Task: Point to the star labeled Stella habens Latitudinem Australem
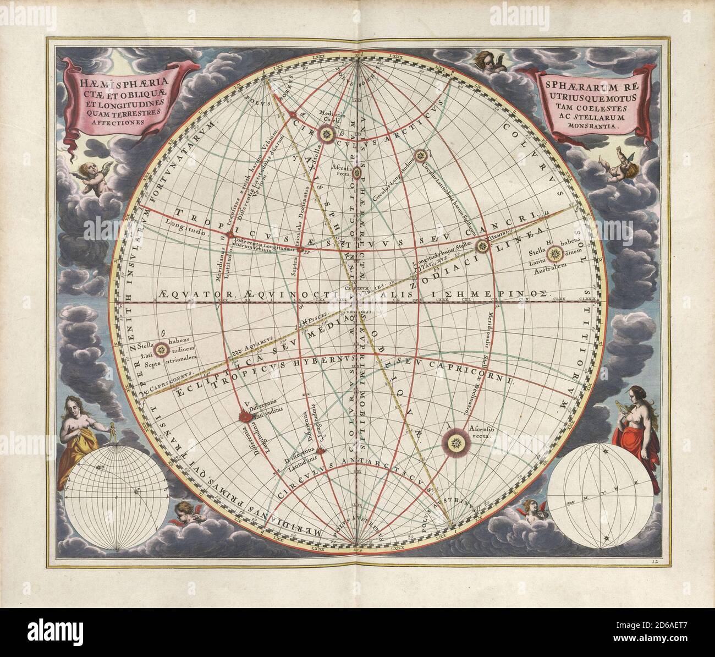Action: [556, 254]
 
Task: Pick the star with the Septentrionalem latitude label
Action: [161, 348]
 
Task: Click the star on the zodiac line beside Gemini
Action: [483, 245]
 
